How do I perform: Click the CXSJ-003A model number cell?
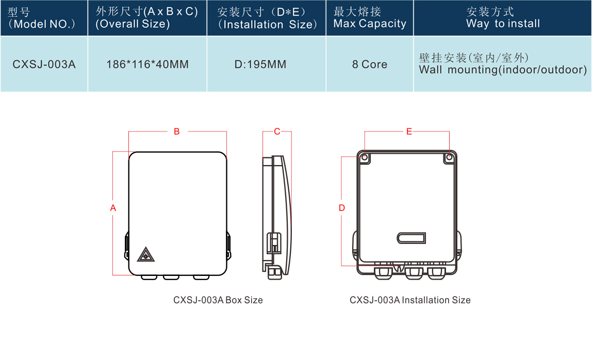[44, 64]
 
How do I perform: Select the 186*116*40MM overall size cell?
[147, 64]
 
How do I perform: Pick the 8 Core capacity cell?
[370, 64]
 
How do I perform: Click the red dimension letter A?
[113, 208]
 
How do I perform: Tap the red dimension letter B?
[177, 132]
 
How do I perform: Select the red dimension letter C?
[277, 132]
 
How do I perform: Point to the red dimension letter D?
[342, 208]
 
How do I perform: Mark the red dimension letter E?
[409, 132]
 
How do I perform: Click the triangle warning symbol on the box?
[146, 254]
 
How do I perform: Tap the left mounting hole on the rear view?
[365, 157]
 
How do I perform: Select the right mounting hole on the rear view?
[449, 157]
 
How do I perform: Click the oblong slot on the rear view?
[411, 237]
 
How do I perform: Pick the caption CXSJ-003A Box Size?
[218, 300]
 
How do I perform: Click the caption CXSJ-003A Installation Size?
[410, 300]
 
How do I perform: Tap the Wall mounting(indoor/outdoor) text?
[503, 70]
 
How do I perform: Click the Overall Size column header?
[147, 18]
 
